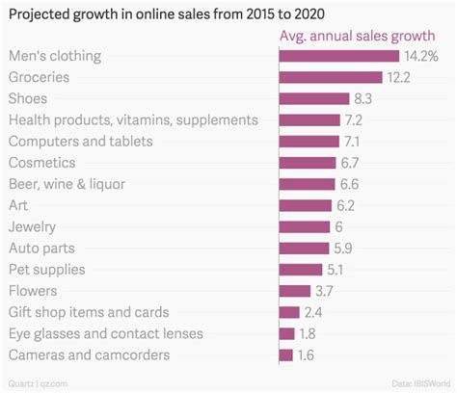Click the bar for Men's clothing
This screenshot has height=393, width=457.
(338, 56)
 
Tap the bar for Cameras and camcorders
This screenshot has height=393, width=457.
(285, 355)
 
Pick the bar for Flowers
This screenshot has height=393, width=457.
(294, 291)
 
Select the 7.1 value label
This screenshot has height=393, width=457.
(352, 142)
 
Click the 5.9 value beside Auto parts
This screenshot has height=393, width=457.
(343, 249)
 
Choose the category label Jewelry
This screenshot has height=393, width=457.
(34, 226)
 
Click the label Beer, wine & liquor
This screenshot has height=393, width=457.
(79, 184)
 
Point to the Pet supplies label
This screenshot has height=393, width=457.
(46, 270)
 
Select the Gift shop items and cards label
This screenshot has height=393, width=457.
(89, 312)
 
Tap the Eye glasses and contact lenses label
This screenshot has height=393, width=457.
(105, 333)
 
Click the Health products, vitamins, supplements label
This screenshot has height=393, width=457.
(132, 119)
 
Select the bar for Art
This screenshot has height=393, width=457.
(305, 205)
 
